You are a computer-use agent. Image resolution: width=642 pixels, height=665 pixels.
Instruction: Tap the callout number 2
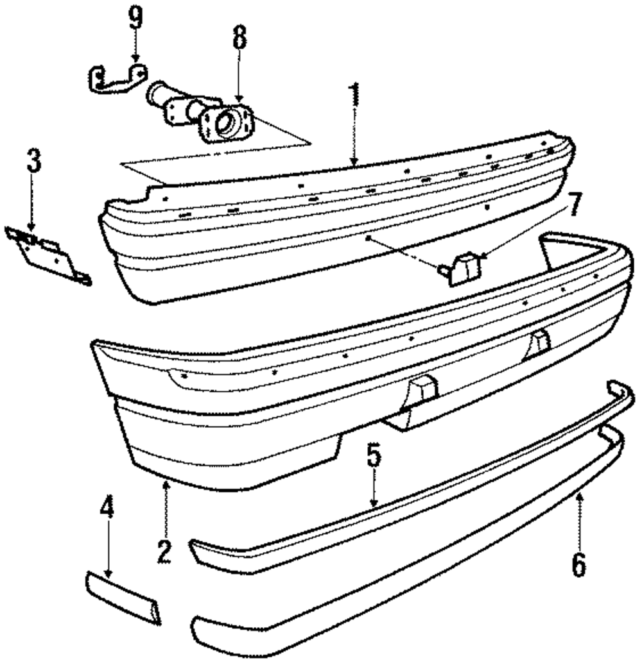[x=166, y=551]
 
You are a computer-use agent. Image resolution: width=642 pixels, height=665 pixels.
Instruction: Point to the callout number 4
[x=107, y=510]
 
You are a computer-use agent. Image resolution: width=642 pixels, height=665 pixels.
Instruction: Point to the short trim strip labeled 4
[x=122, y=596]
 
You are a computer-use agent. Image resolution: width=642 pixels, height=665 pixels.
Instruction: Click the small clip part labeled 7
[x=460, y=268]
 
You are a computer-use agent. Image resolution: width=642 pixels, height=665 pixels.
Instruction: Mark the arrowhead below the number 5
[x=374, y=505]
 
